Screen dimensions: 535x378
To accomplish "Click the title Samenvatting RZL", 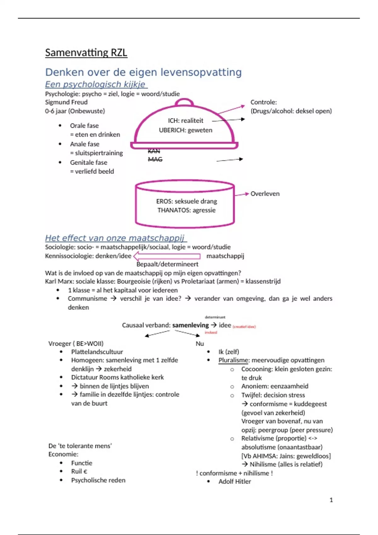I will [x=86, y=53].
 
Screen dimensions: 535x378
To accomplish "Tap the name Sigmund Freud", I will [x=66, y=102].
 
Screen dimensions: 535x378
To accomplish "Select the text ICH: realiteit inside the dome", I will [x=186, y=121].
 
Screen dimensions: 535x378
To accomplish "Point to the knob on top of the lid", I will [x=184, y=102].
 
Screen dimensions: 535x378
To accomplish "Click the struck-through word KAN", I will [x=154, y=151].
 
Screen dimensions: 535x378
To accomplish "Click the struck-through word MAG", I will [x=155, y=159].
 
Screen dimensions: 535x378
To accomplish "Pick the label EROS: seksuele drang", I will [x=186, y=201].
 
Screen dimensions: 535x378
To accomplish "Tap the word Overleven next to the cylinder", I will [x=265, y=194].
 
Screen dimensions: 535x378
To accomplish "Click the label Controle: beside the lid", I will [x=264, y=102].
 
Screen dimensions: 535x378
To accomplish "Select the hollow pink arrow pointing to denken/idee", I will [x=167, y=256].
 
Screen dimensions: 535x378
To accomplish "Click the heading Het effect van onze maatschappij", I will [x=115, y=238].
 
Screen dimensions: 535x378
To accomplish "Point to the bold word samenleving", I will [x=191, y=325].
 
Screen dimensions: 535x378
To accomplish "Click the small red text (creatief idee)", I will [x=244, y=327].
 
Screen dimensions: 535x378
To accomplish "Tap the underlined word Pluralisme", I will [x=233, y=360].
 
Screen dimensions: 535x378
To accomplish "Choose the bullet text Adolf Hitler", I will [x=235, y=481].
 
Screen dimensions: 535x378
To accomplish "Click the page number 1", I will [x=331, y=500].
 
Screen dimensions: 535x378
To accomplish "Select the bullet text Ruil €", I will [x=79, y=471].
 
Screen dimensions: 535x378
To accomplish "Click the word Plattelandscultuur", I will [x=97, y=352].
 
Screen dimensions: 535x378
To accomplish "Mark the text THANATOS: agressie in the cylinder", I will [x=186, y=210].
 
